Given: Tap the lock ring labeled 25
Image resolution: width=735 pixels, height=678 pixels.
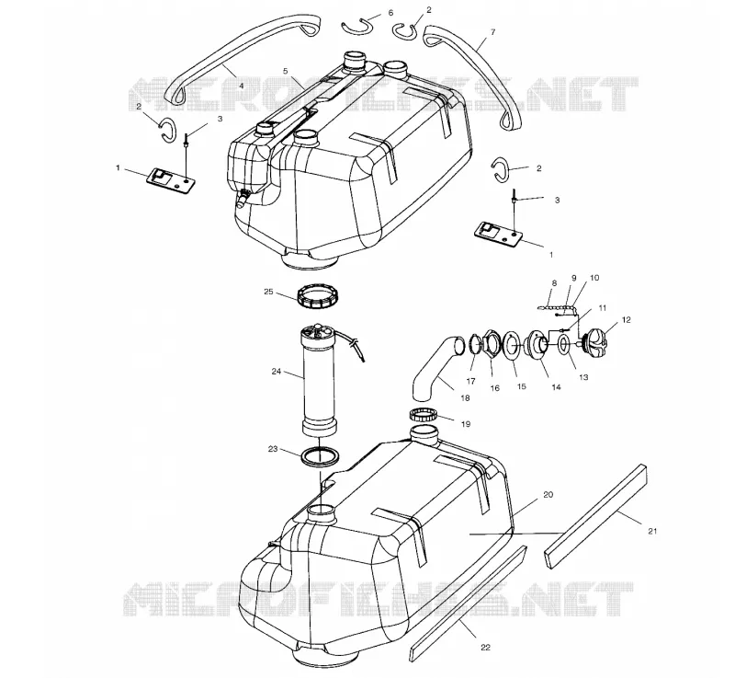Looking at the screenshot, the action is (318, 296).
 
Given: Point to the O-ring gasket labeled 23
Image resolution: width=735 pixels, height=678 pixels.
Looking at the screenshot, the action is (320, 456).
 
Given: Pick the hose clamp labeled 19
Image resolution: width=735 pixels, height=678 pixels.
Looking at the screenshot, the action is (424, 414).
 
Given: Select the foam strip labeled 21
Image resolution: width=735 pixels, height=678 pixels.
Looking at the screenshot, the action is (595, 516).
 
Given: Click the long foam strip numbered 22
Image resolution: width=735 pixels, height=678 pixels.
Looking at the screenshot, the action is (468, 603).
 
